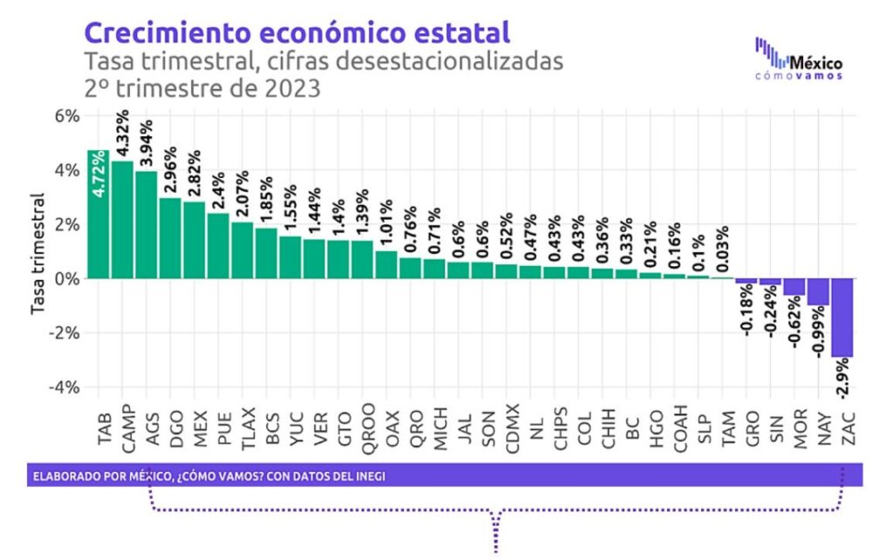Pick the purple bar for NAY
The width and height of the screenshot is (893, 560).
(818, 291)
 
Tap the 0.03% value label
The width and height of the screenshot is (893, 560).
(722, 249)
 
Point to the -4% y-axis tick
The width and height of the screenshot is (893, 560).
(66, 386)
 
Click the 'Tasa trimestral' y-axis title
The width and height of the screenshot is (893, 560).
(37, 253)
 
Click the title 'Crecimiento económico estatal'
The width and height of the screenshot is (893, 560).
(297, 34)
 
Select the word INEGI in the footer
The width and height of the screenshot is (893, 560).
(365, 476)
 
